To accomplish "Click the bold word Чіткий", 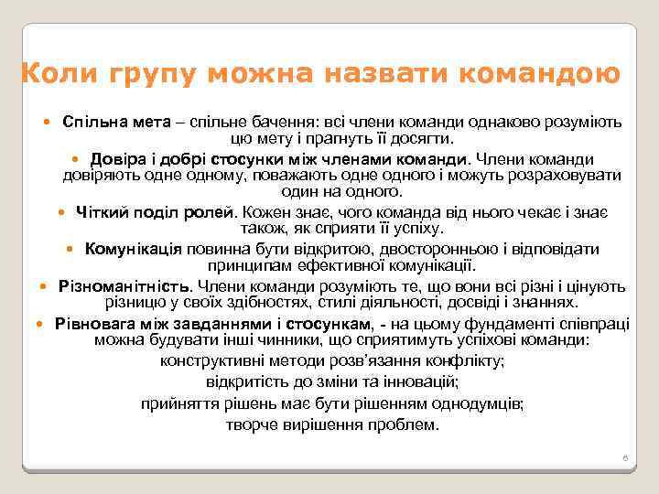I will click(103, 211).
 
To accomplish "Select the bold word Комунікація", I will click(135, 249).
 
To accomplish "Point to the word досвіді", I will click(465, 303).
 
